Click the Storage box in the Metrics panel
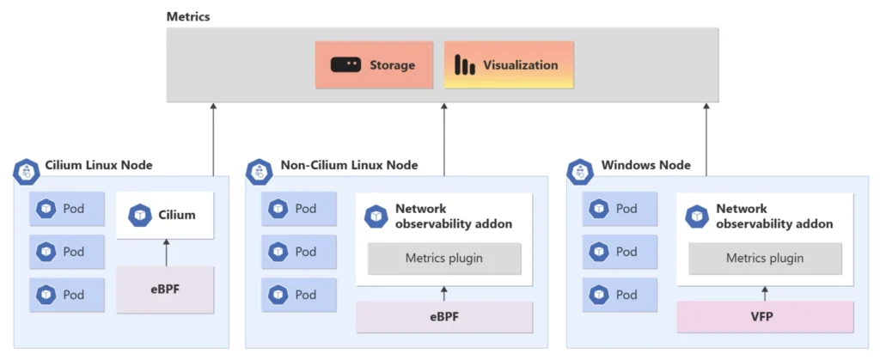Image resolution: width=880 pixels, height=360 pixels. coord(374,65)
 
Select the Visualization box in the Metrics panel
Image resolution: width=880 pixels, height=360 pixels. coord(508,65)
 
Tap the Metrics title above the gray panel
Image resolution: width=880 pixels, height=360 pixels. coord(188,17)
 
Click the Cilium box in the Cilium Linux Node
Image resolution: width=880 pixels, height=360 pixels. coord(165,215)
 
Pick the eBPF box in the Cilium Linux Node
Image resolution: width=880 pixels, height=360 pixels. coord(165,290)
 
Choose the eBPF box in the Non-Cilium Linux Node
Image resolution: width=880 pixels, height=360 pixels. coord(444,316)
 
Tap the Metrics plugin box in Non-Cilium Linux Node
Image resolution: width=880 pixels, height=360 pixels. coord(444,258)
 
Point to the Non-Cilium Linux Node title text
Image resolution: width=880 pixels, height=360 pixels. coord(349,165)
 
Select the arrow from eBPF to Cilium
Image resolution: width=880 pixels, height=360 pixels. coord(165,253)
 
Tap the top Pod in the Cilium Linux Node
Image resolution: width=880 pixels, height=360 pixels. coord(67,209)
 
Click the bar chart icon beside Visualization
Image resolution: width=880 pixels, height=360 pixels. coord(465,65)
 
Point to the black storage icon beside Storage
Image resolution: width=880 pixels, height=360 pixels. coord(345,65)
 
